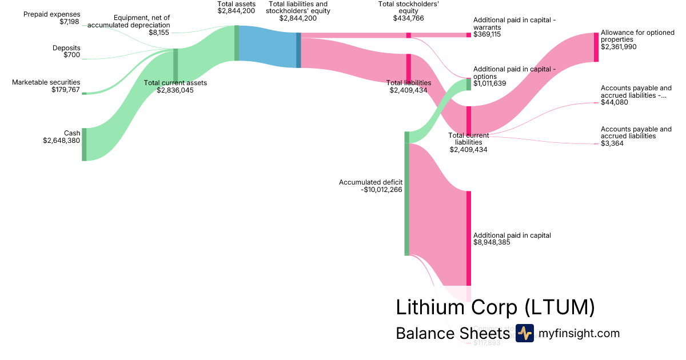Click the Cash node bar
coord(84,145)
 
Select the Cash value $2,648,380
coord(62,141)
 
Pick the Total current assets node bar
coord(176,66)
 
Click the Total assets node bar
coord(237,43)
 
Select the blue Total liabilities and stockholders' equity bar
coord(298,50)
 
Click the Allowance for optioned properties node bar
coord(596,47)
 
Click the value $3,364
coord(612,143)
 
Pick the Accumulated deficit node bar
coord(407,193)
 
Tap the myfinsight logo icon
coord(524,333)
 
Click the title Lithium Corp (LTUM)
coord(495,307)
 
